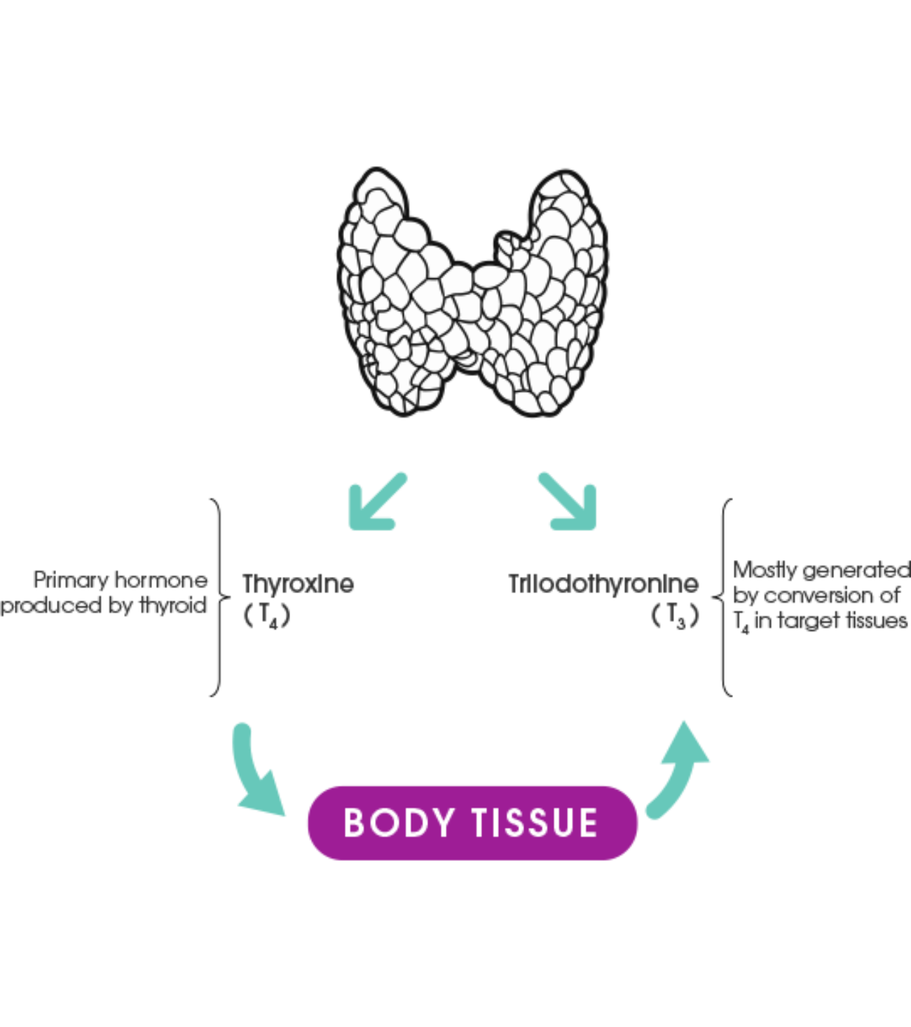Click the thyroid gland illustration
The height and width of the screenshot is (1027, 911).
(x=472, y=292)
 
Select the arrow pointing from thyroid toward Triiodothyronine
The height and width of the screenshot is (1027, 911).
(x=568, y=503)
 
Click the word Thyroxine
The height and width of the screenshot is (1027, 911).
(x=298, y=584)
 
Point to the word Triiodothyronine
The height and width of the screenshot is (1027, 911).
(x=603, y=584)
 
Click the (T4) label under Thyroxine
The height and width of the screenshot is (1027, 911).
(x=267, y=616)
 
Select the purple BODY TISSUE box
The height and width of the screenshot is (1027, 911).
(x=472, y=823)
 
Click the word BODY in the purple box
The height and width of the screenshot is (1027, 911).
(x=399, y=823)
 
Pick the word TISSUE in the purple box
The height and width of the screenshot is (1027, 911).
(x=535, y=823)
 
